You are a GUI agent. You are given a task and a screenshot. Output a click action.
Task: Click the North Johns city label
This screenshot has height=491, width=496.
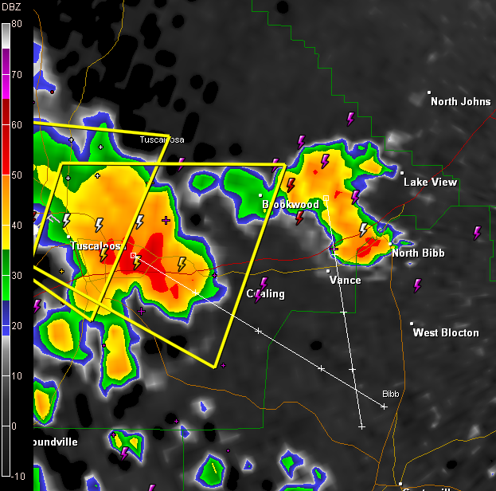point(461,101)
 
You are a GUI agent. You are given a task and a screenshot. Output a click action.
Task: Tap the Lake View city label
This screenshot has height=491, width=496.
point(431,183)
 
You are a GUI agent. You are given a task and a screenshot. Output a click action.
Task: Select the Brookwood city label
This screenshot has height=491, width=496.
point(291,205)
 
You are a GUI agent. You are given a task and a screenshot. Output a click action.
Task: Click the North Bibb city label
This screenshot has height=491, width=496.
point(418,253)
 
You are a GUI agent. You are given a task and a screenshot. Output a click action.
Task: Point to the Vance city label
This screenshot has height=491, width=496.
point(345,280)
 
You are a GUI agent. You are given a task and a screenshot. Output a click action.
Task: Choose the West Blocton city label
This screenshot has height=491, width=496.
point(446,332)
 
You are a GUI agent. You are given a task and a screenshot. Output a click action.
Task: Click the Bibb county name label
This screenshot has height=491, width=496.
point(390,395)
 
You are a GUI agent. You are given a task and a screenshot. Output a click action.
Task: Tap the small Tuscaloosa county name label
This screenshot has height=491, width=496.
point(162,140)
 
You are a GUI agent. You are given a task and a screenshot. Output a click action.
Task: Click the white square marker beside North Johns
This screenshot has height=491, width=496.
point(429,92)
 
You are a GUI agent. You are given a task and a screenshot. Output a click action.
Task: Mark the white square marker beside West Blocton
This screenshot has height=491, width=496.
point(412,324)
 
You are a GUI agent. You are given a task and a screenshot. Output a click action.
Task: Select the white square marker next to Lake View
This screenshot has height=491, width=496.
point(402,173)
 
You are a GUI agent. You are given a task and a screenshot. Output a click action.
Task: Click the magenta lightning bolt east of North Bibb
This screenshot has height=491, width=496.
point(477,233)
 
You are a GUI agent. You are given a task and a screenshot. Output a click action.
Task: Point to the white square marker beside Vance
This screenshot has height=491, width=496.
point(329,271)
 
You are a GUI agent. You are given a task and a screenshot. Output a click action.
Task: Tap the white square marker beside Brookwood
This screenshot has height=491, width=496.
point(260,195)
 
